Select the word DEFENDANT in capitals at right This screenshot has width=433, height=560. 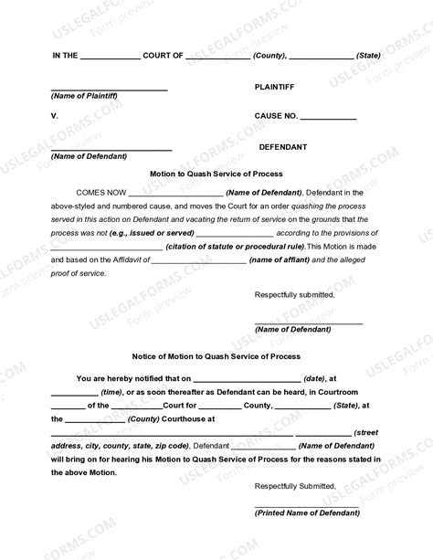(x=283, y=146)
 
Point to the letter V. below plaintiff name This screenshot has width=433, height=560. (x=55, y=117)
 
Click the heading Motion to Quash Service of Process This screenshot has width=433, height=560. (x=216, y=174)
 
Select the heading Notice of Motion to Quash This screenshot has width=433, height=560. (x=216, y=356)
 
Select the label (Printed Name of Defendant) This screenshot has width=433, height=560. (x=306, y=513)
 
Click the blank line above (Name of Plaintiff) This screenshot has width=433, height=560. (x=110, y=90)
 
